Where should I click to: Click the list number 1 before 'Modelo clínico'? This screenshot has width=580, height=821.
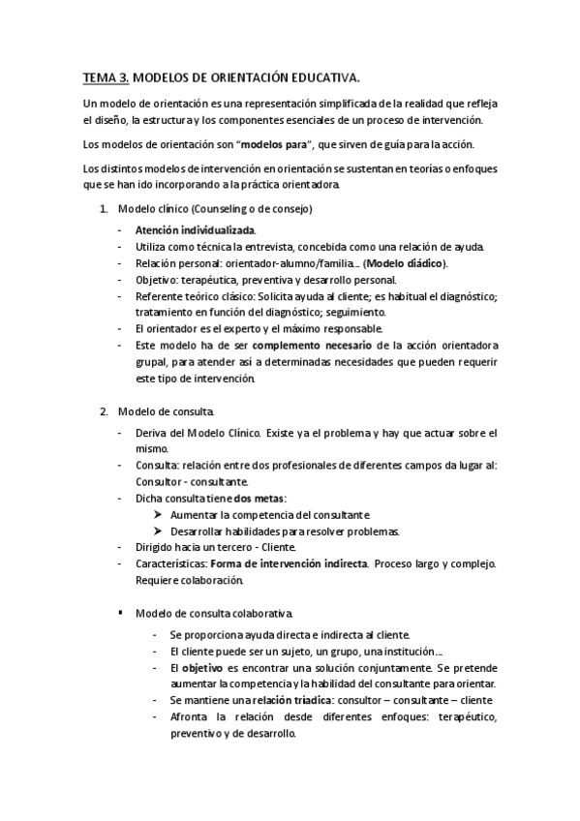click(x=104, y=209)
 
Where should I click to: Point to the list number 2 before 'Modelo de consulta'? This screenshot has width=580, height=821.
click(x=104, y=414)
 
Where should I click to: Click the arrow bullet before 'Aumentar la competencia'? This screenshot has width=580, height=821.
click(x=159, y=514)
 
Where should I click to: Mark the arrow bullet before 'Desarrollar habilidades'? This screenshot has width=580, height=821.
click(x=159, y=531)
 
